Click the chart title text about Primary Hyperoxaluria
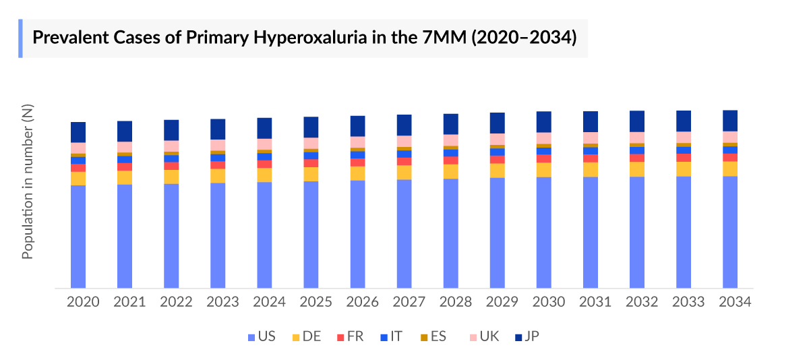tap(305, 38)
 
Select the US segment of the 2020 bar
tap(78, 236)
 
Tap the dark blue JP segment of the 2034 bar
tap(729, 120)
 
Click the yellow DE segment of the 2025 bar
tap(311, 174)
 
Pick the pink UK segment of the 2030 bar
tap(543, 138)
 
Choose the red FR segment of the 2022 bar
tap(171, 166)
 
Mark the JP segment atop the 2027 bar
tap(404, 125)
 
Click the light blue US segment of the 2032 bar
tap(636, 233)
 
